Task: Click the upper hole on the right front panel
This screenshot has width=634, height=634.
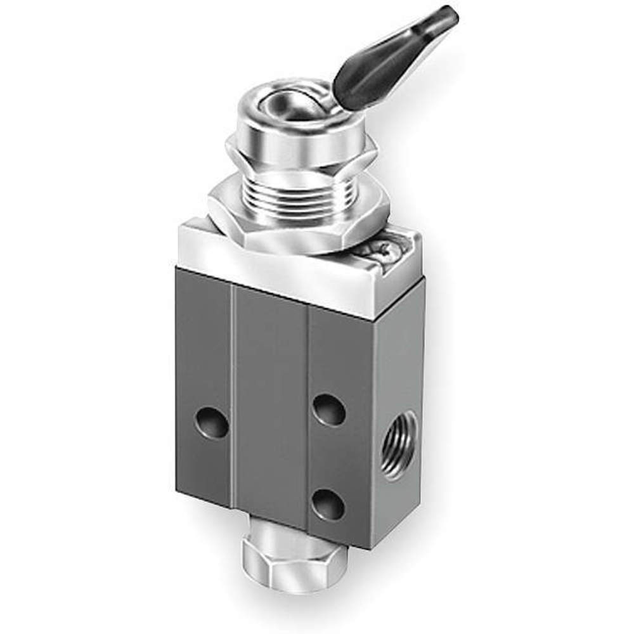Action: (x=329, y=410)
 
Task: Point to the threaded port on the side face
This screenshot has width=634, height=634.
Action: (x=400, y=444)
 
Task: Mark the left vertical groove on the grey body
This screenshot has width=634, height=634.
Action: (x=233, y=399)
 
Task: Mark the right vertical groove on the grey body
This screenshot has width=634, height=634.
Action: (x=309, y=418)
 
